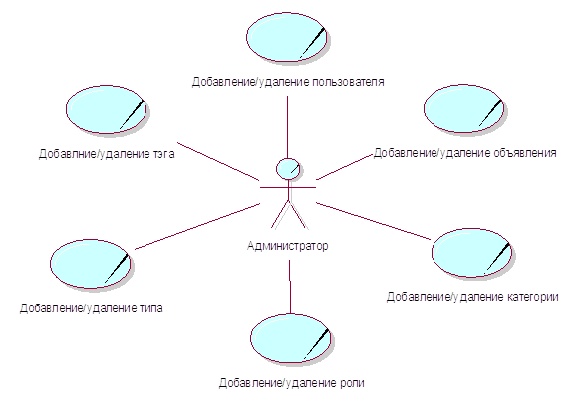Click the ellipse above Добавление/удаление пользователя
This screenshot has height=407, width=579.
click(x=287, y=37)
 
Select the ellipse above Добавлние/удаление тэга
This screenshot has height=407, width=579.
click(x=107, y=109)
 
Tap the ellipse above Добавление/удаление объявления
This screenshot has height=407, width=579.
click(x=464, y=108)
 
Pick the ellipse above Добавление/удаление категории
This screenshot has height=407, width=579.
click(x=472, y=253)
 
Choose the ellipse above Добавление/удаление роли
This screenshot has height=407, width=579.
click(x=291, y=338)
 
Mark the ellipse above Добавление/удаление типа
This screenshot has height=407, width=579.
click(x=91, y=264)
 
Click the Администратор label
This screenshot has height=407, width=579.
click(x=287, y=246)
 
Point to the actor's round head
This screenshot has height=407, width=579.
click(x=288, y=169)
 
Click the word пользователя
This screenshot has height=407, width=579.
click(x=348, y=82)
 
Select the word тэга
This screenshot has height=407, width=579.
click(x=163, y=153)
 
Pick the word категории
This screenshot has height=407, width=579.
click(x=532, y=297)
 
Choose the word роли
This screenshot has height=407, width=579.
click(x=351, y=383)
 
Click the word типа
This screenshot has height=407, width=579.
click(x=150, y=307)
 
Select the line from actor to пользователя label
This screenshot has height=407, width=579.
click(x=287, y=127)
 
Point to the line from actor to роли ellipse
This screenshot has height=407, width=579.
click(x=290, y=288)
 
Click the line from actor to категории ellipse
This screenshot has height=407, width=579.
click(x=374, y=221)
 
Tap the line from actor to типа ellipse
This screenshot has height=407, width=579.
click(x=197, y=226)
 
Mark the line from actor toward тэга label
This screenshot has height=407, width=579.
click(x=218, y=161)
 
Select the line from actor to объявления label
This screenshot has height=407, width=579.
click(x=344, y=167)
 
